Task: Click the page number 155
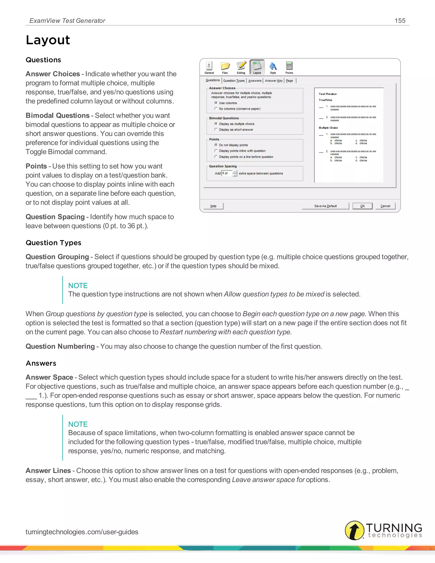coord(400,21)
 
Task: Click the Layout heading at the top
coord(48,40)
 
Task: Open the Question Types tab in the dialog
coord(234,81)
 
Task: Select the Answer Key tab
coord(274,81)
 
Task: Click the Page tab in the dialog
coord(290,81)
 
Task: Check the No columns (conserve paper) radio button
coord(216,109)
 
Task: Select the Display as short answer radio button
coord(216,130)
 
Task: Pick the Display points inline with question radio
coord(216,151)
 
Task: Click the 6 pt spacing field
coord(226,173)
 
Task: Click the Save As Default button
coord(325,206)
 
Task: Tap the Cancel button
coord(385,206)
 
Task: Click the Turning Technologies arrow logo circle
coord(354,530)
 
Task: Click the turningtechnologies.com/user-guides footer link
coord(82,532)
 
